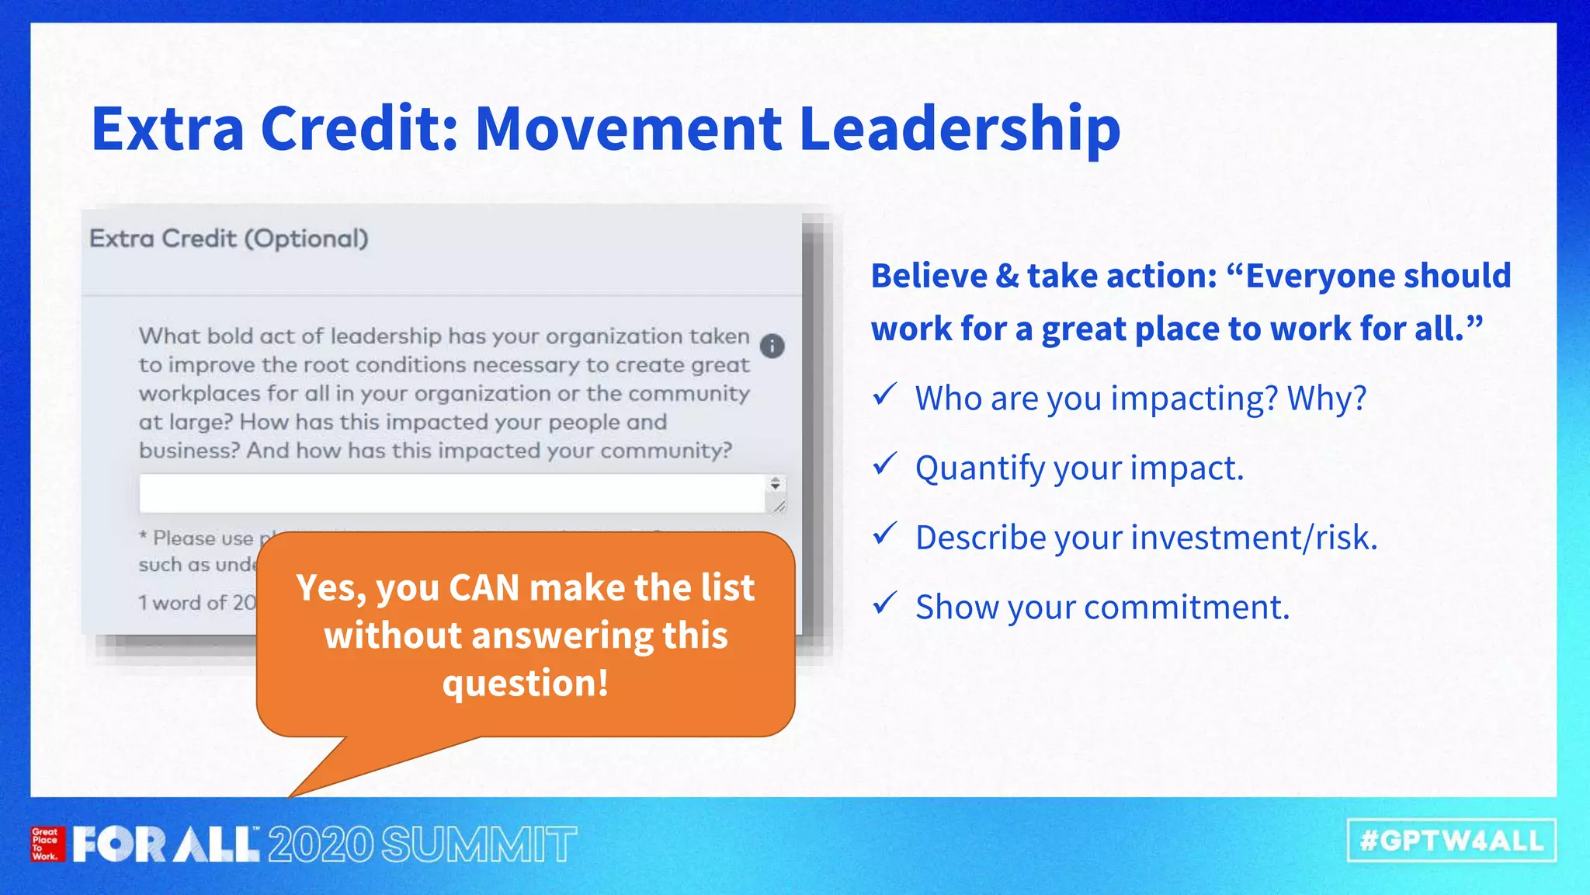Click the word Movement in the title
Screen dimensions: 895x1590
(x=627, y=129)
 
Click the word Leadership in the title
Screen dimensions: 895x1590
(x=960, y=129)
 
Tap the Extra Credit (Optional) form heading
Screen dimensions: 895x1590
(x=228, y=239)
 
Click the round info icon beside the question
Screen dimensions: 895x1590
(x=772, y=346)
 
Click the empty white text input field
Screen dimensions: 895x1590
(x=450, y=493)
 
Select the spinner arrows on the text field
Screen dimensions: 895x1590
(x=775, y=484)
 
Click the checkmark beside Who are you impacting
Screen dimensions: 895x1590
(x=884, y=395)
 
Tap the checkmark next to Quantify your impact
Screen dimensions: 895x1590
(x=884, y=464)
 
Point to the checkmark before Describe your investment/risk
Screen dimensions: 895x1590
(x=884, y=534)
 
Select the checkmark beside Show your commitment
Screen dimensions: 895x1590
(x=884, y=603)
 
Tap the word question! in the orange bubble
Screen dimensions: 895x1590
(x=526, y=683)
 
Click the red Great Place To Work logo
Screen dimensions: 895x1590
(x=46, y=844)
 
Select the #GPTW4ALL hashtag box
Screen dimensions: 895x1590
(x=1451, y=841)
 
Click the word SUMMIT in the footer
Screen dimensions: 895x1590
(x=479, y=845)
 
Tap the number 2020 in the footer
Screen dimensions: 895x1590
(x=321, y=845)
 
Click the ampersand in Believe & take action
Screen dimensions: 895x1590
(x=1006, y=277)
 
